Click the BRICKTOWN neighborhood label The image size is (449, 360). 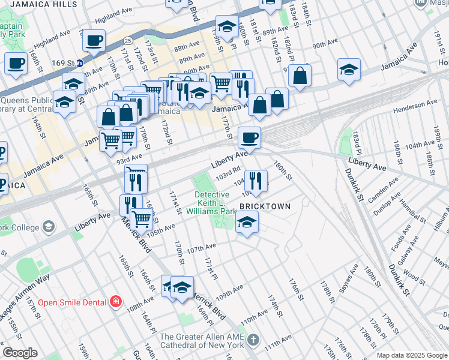click(265, 206)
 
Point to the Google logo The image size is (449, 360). click(20, 353)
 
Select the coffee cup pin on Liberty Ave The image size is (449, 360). click(250, 138)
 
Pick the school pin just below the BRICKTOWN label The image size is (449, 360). click(246, 223)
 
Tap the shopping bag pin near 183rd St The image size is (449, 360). click(300, 76)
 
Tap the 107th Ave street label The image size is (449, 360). click(201, 247)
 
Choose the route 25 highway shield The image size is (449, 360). click(128, 40)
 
